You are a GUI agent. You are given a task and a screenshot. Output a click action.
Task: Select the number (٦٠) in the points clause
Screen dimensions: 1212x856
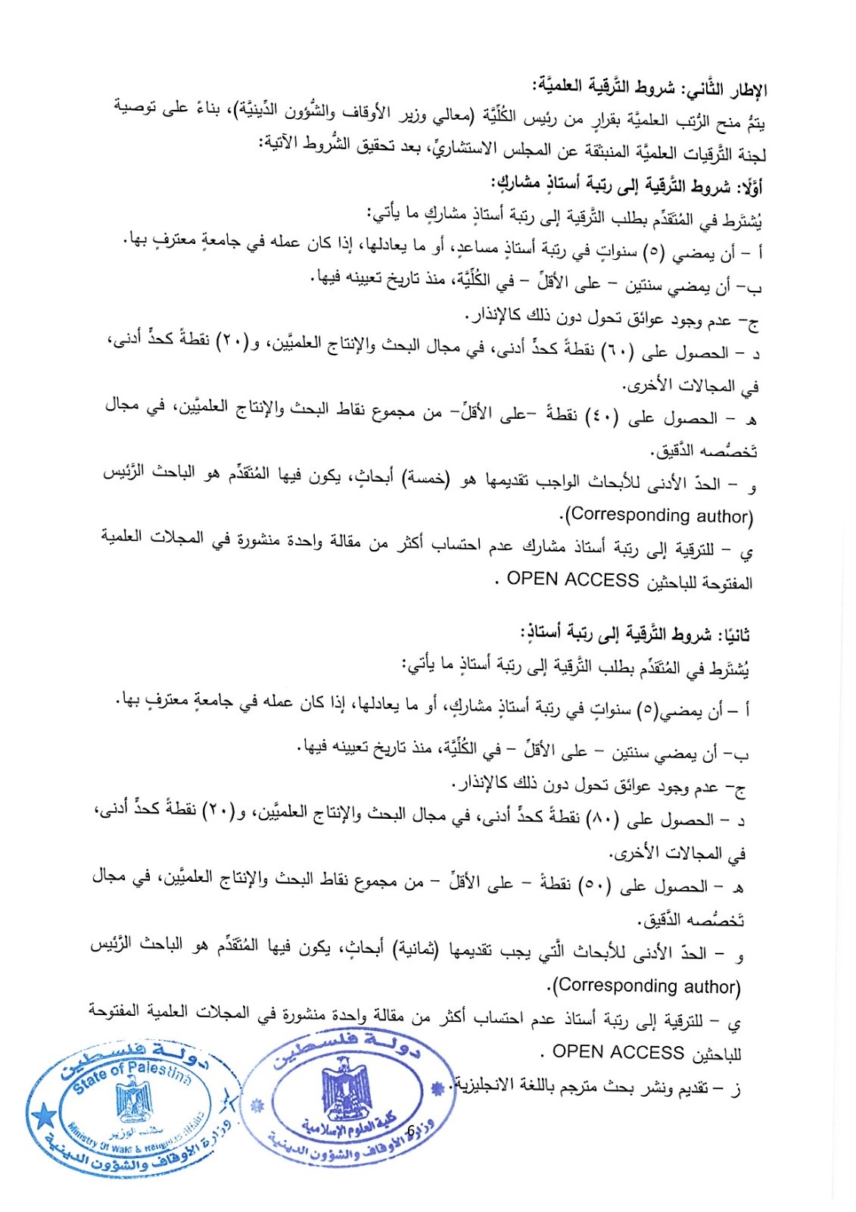621,352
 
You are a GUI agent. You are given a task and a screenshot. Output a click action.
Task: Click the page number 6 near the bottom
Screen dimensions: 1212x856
410,1130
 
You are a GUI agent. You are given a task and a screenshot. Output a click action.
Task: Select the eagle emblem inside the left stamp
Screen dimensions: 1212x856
134,1103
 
